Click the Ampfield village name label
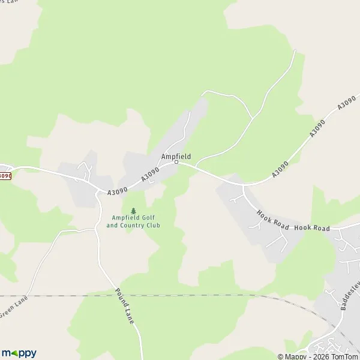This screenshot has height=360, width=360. (176, 156)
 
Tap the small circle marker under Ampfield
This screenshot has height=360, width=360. (176, 162)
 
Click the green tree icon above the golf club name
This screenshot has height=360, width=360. (133, 211)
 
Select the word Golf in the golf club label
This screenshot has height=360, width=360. (142, 218)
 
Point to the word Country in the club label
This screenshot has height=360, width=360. (133, 226)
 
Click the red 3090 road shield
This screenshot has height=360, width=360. (5, 176)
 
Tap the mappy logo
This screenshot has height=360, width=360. (19, 353)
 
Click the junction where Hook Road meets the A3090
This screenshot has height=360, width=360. (243, 185)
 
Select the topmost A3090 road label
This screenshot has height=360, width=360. (347, 103)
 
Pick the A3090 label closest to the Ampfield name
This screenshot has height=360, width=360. (150, 175)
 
